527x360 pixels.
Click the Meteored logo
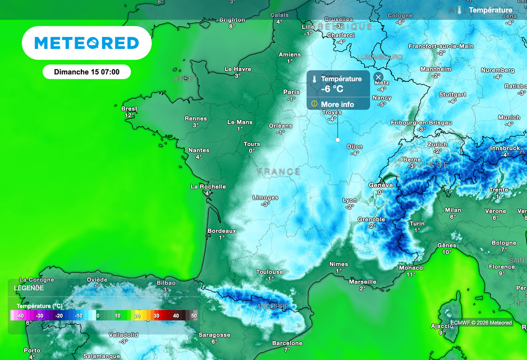(86, 43)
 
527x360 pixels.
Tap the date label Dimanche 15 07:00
(86, 72)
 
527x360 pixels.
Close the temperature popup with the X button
(379, 77)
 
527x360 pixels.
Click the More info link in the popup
(338, 104)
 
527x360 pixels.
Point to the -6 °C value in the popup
(332, 89)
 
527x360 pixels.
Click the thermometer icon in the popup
(314, 80)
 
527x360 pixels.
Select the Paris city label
(291, 92)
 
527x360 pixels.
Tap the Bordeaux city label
(221, 231)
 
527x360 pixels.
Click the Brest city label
(129, 109)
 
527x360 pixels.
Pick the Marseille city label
(362, 282)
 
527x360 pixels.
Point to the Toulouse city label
(270, 272)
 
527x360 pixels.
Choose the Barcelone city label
(287, 343)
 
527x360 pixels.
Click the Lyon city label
(349, 200)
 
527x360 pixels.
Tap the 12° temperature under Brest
(129, 116)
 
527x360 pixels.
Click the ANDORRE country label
(272, 306)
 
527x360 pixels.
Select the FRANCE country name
(279, 172)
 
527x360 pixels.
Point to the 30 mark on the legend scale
(156, 316)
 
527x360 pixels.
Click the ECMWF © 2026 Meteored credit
(481, 323)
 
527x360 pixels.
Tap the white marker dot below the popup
(338, 140)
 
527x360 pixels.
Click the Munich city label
(509, 117)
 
